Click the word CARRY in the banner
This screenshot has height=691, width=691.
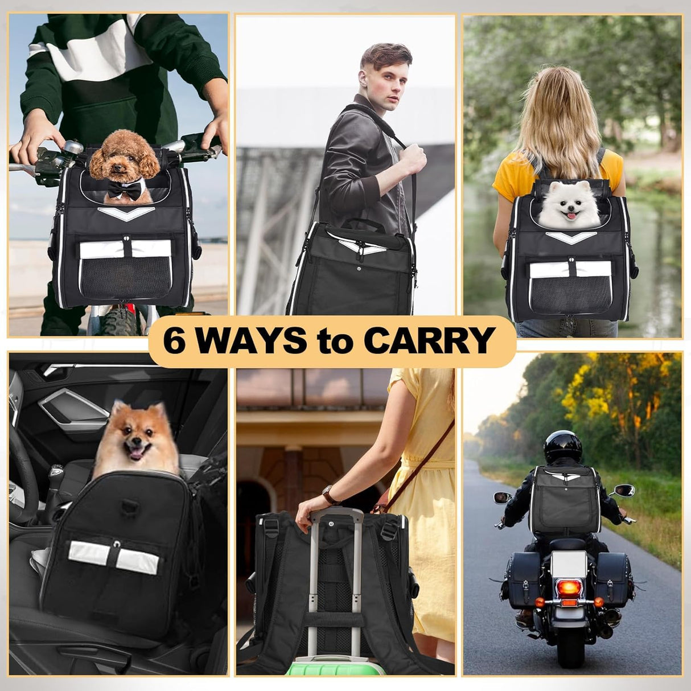(x=428, y=340)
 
